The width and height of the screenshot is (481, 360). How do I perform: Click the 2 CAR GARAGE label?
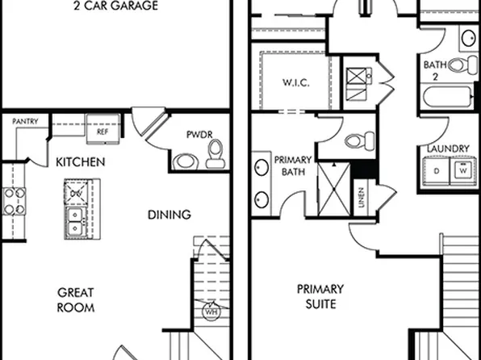click(115, 6)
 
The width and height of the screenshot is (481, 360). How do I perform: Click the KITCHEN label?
click(80, 162)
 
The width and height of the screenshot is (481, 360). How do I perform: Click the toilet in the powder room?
click(215, 153)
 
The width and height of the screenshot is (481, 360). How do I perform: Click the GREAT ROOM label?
click(77, 299)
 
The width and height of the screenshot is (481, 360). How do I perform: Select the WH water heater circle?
click(211, 310)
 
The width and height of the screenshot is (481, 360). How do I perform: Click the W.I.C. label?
click(297, 83)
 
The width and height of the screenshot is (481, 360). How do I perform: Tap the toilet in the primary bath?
click(356, 140)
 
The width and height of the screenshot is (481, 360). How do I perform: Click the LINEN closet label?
click(360, 198)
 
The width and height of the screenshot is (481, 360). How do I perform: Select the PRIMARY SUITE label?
click(320, 296)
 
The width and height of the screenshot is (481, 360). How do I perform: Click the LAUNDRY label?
click(450, 148)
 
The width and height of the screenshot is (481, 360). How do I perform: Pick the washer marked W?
click(462, 170)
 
